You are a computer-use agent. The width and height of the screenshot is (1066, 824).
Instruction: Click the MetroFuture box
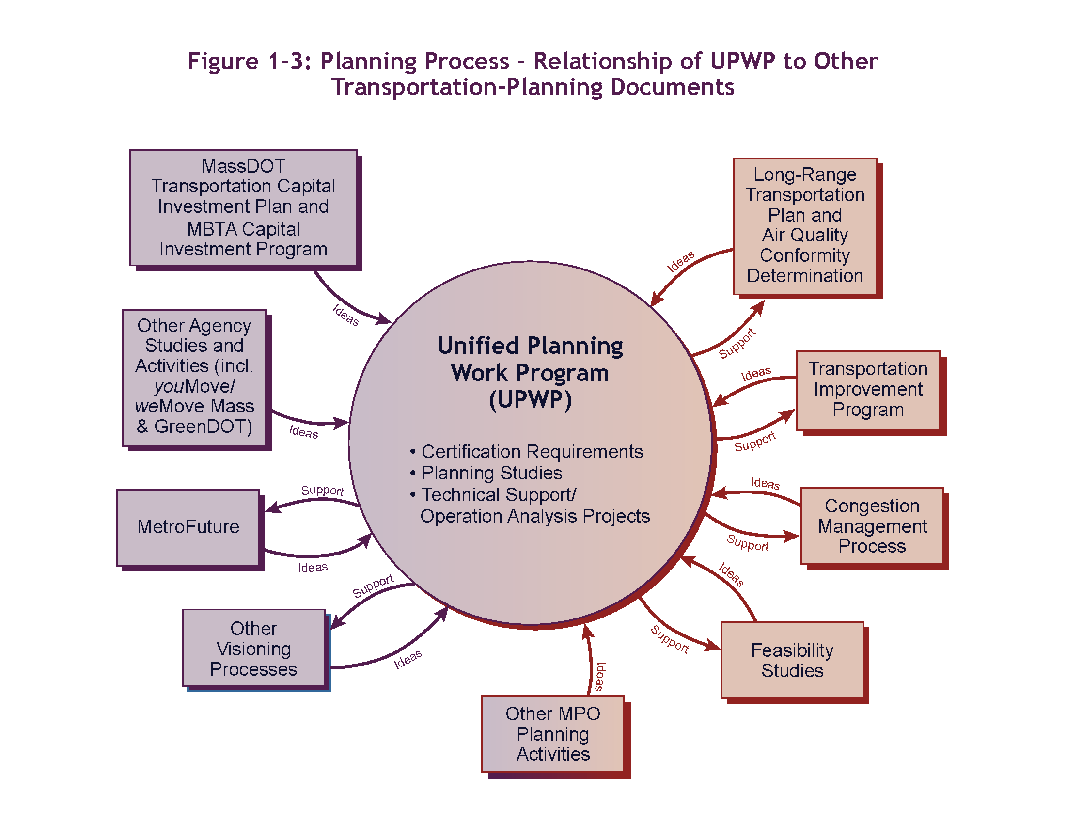(188, 527)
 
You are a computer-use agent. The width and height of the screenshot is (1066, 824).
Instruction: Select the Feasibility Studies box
(792, 660)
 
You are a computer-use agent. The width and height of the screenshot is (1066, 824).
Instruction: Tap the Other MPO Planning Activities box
(552, 734)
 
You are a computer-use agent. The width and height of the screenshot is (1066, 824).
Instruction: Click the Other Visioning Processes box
(253, 648)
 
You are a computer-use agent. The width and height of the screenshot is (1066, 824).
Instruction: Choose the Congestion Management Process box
(872, 526)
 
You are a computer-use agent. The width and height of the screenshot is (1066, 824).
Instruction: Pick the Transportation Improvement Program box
(868, 390)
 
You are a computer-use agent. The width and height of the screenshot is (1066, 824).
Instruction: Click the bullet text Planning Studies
(491, 473)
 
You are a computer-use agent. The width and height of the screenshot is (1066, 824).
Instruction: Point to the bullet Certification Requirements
(532, 452)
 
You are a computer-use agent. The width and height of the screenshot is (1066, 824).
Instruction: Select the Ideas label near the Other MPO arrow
(600, 677)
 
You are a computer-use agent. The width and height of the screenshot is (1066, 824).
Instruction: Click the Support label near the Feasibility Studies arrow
(670, 639)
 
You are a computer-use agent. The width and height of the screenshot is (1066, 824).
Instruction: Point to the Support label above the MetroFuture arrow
(322, 490)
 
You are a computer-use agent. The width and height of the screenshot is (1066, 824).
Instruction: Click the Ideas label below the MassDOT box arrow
(345, 315)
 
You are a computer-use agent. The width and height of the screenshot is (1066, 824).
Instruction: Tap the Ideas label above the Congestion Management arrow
(765, 483)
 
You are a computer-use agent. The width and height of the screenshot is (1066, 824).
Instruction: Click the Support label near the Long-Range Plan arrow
(737, 344)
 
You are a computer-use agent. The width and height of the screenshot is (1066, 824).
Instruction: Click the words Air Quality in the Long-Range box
(805, 235)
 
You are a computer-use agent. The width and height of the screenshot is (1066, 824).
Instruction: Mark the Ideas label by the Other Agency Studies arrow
(303, 432)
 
